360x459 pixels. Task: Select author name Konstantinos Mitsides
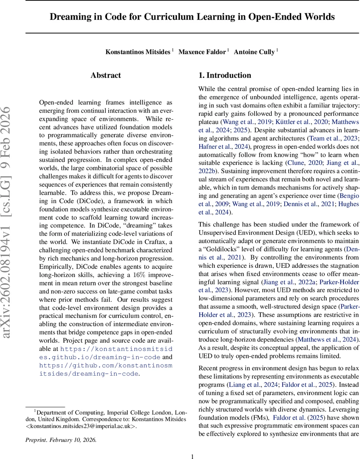coord(138,52)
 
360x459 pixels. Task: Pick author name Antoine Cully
coord(254,52)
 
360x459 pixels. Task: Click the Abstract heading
coord(106,75)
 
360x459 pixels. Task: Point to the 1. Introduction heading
coord(225,75)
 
